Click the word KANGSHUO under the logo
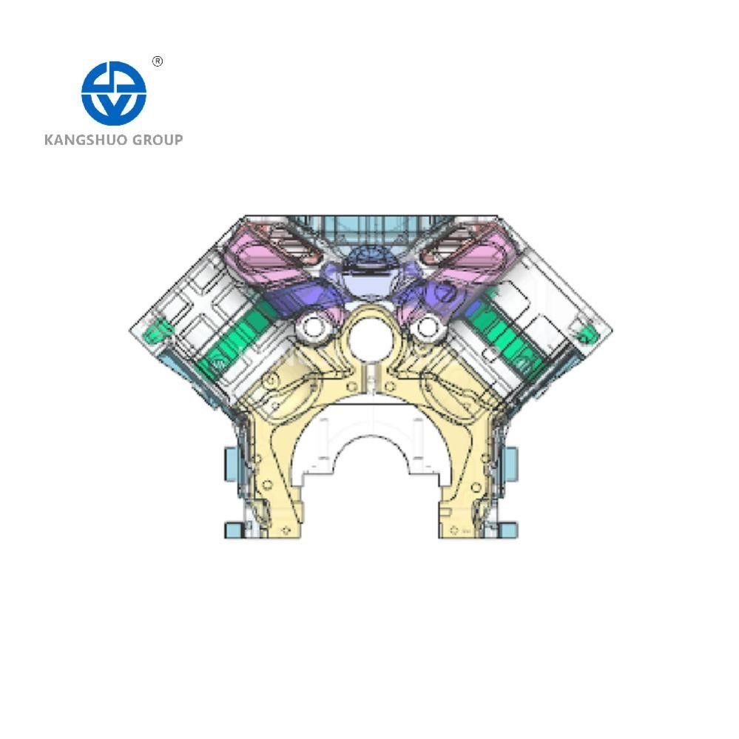click(86, 139)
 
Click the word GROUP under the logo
click(157, 139)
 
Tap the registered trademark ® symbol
click(157, 62)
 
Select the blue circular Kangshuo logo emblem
click(113, 92)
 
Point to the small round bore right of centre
click(427, 325)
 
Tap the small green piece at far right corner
click(585, 331)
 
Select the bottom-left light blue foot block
click(235, 528)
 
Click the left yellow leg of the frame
click(277, 473)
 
